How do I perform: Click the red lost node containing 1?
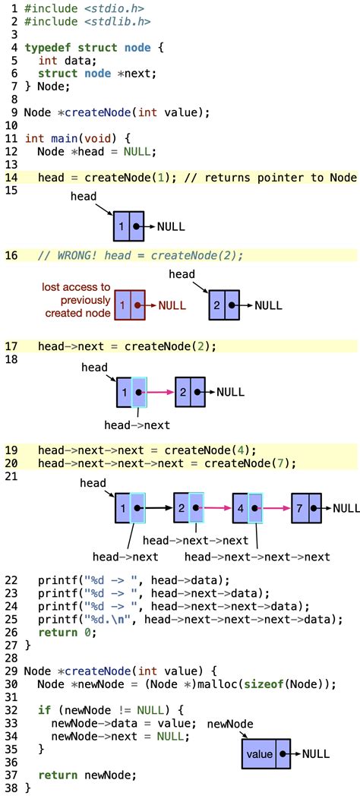tap(129, 305)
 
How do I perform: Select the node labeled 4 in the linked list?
tap(247, 507)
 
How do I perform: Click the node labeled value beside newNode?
tap(266, 754)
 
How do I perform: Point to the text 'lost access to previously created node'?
tap(75, 299)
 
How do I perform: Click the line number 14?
tap(11, 178)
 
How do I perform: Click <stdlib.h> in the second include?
tap(114, 21)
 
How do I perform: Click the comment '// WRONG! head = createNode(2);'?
tap(141, 256)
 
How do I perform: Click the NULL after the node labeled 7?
tap(346, 508)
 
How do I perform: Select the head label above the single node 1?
tap(84, 196)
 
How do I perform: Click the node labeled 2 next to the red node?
tap(224, 305)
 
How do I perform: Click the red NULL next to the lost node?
tap(172, 305)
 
